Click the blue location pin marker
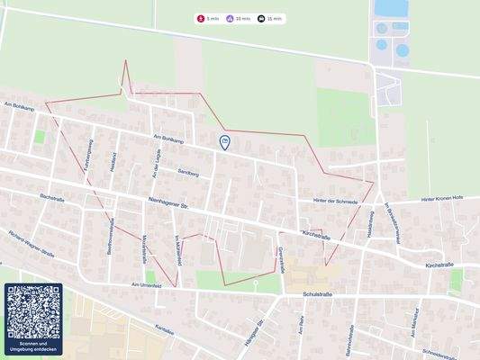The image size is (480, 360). (224, 141)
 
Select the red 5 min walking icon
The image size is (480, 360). (201, 18)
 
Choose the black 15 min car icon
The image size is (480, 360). (261, 18)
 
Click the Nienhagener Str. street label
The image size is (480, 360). (165, 205)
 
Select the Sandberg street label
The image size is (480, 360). (188, 171)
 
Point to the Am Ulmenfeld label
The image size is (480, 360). (146, 284)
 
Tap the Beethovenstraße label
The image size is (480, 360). (111, 241)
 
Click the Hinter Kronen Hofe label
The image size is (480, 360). (441, 199)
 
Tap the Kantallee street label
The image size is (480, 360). (163, 329)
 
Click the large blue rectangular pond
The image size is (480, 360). (391, 9)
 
